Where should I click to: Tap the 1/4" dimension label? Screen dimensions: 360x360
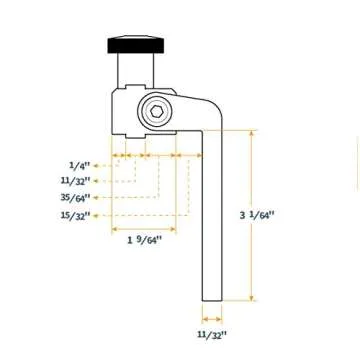tap(79, 165)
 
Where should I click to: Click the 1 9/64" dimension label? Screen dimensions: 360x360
tap(145, 240)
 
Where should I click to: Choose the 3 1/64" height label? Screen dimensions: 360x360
tap(256, 214)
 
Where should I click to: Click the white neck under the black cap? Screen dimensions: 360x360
tap(130, 70)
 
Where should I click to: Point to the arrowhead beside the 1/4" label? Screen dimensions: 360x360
tap(97, 165)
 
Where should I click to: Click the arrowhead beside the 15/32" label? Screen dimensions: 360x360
tap(97, 214)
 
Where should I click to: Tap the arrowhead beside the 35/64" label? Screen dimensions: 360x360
tap(97, 197)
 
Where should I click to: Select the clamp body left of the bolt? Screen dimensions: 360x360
tap(128, 112)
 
